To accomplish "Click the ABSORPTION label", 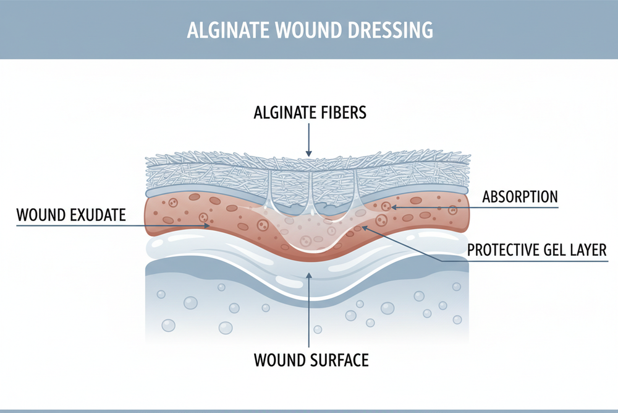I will tap(520, 197).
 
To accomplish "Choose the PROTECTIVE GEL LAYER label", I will tap(537, 250).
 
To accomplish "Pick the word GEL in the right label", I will tap(551, 250).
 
